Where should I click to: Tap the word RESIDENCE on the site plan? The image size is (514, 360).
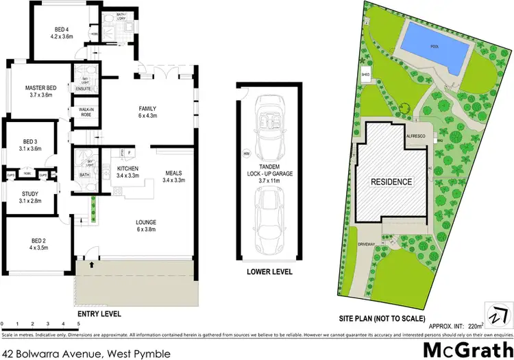pyautogui.click(x=391, y=182)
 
